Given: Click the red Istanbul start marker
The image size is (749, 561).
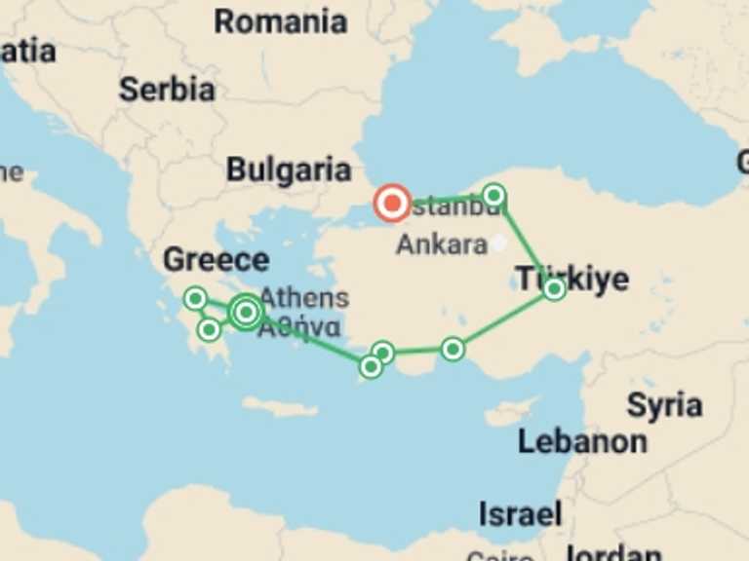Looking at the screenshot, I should point(393,204).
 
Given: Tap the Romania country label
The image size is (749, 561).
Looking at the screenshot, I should point(281,21).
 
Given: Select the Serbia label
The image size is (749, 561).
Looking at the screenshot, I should point(167,90).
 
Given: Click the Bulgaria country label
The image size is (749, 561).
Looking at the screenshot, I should point(289,169).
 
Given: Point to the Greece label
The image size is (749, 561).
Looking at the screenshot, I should point(216,259).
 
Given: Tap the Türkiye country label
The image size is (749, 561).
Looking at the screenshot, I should point(572,279).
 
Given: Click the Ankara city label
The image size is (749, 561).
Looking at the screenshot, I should point(441,244).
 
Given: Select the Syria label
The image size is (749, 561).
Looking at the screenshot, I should point(664,404).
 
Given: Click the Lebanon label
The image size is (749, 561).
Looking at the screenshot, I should point(581,441).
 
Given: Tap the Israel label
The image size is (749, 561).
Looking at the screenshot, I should point(520,513).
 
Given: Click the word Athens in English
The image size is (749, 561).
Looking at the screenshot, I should point(303,298).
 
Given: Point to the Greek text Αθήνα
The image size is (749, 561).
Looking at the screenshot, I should point(299,326).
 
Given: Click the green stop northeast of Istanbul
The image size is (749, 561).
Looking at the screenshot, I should point(494,196).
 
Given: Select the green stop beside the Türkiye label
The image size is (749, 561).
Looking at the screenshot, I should point(554,288).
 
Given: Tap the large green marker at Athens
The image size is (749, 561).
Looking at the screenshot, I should point(247,312).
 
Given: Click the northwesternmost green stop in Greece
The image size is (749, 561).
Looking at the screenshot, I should point(196,298).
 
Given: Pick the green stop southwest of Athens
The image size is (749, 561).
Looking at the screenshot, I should point(208,329).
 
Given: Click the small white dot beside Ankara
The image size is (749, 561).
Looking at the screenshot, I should point(499,243).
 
